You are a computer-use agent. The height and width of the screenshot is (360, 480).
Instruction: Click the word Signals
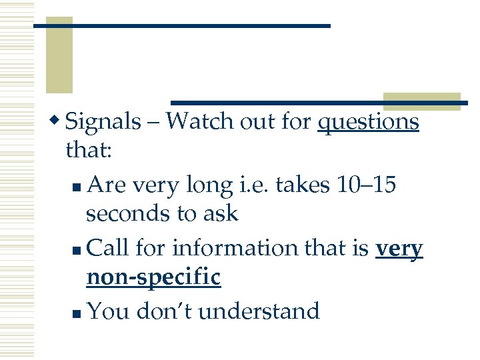(104, 121)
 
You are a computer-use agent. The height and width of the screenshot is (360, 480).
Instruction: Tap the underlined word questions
(368, 121)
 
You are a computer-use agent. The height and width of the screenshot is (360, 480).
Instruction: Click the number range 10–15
(364, 184)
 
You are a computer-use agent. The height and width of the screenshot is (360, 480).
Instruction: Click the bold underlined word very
(399, 248)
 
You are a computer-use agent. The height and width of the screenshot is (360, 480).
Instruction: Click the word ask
(224, 213)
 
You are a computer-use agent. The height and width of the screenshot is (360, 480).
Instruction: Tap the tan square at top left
(59, 57)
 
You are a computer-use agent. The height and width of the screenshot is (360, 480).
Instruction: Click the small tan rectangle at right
(421, 101)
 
